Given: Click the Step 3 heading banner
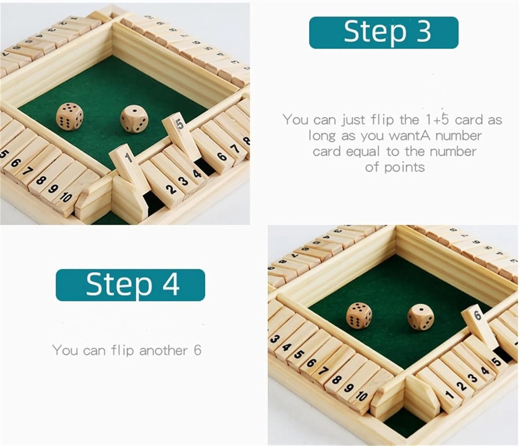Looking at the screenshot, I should coord(383,32).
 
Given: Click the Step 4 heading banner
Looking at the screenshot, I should coord(130,285).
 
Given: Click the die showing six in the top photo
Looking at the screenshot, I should coord(70,117).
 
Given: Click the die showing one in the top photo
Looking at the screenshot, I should coord(134,119).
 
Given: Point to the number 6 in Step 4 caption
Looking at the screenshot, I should coord(197,350).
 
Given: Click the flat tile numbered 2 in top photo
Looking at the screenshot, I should coord(172,189).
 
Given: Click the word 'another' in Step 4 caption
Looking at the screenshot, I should coord(163,350).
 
